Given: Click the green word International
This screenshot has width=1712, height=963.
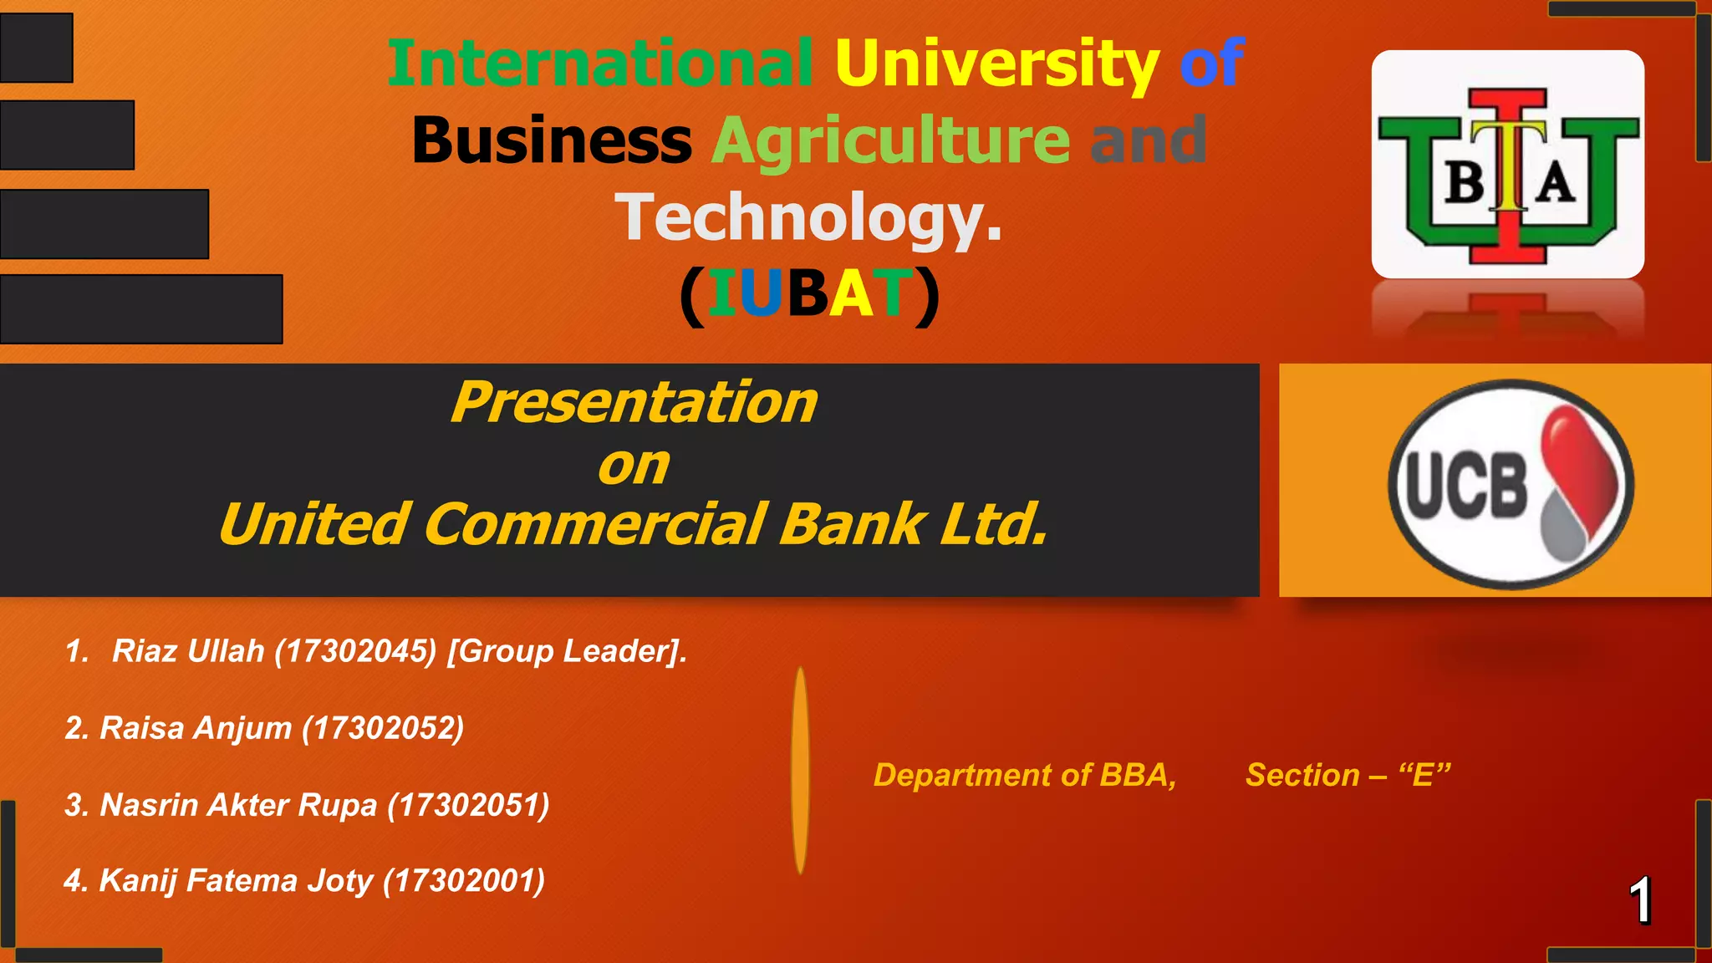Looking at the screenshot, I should (599, 64).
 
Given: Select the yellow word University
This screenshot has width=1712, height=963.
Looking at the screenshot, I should (996, 65).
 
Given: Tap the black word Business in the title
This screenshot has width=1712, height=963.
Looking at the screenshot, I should (552, 140).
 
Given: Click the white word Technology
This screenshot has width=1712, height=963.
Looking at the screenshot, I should (808, 217).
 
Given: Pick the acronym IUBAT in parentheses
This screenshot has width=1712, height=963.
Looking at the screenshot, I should (809, 294).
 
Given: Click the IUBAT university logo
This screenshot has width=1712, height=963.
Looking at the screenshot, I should (1507, 165).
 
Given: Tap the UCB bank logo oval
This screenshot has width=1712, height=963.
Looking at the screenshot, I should (1511, 484).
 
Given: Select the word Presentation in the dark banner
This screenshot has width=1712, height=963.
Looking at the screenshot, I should (634, 402).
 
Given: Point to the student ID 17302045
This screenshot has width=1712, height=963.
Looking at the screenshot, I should (356, 651).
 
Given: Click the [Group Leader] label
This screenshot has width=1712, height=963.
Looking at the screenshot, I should (566, 651).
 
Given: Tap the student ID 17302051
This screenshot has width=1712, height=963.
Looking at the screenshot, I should (469, 805).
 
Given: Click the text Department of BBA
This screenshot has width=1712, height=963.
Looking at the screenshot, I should (1025, 775).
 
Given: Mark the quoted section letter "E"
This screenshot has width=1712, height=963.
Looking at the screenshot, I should (1424, 775).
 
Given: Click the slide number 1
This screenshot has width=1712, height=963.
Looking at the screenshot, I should (1640, 900).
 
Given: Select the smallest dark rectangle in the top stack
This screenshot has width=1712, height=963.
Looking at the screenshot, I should (37, 48).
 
